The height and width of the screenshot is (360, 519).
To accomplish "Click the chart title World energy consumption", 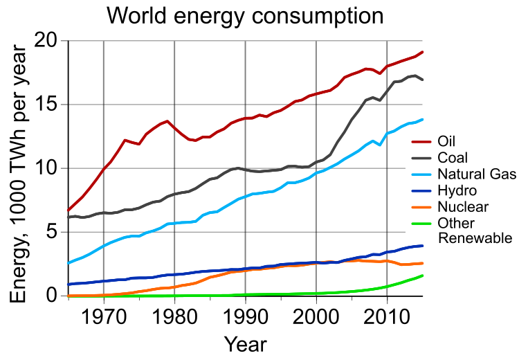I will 245,15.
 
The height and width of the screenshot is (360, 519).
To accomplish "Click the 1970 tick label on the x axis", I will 104,316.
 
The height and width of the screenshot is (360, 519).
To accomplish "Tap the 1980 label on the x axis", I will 174,316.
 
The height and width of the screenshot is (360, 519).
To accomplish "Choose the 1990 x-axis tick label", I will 245,316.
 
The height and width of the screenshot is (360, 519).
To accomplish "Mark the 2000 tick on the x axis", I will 316,316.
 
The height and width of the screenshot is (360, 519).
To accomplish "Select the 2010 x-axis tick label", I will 387,316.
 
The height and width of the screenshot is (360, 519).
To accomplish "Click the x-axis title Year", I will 245,344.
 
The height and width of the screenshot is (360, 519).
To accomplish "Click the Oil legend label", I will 448,142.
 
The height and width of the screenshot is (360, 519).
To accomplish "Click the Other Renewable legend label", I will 474,231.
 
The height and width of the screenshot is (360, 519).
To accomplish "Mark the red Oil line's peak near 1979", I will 167,121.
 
